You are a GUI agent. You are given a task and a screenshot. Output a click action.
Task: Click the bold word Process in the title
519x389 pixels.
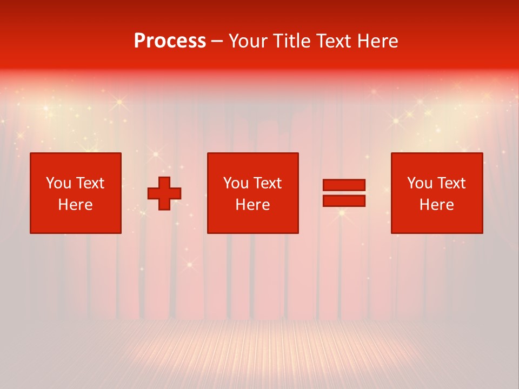[x=170, y=41]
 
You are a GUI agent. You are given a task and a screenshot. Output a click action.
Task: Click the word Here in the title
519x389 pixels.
[x=378, y=41]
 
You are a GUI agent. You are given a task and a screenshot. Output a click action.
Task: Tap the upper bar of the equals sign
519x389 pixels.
[x=344, y=185]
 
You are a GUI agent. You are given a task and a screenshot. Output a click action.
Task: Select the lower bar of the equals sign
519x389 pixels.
[x=344, y=201]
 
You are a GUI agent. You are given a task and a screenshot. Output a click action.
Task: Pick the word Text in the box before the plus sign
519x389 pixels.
[x=90, y=183]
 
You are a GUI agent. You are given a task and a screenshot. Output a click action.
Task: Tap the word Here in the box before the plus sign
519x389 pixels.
[x=75, y=205]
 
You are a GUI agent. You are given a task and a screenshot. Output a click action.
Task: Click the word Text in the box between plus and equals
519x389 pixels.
[x=267, y=183]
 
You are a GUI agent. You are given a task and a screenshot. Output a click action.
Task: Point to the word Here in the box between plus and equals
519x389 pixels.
[x=252, y=205]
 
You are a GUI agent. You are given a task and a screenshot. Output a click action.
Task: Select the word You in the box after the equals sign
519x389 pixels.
[x=420, y=183]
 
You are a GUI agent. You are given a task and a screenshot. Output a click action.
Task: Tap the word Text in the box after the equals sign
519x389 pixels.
[x=451, y=183]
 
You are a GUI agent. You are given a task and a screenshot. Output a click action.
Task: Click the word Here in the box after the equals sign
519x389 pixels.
[x=436, y=205]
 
